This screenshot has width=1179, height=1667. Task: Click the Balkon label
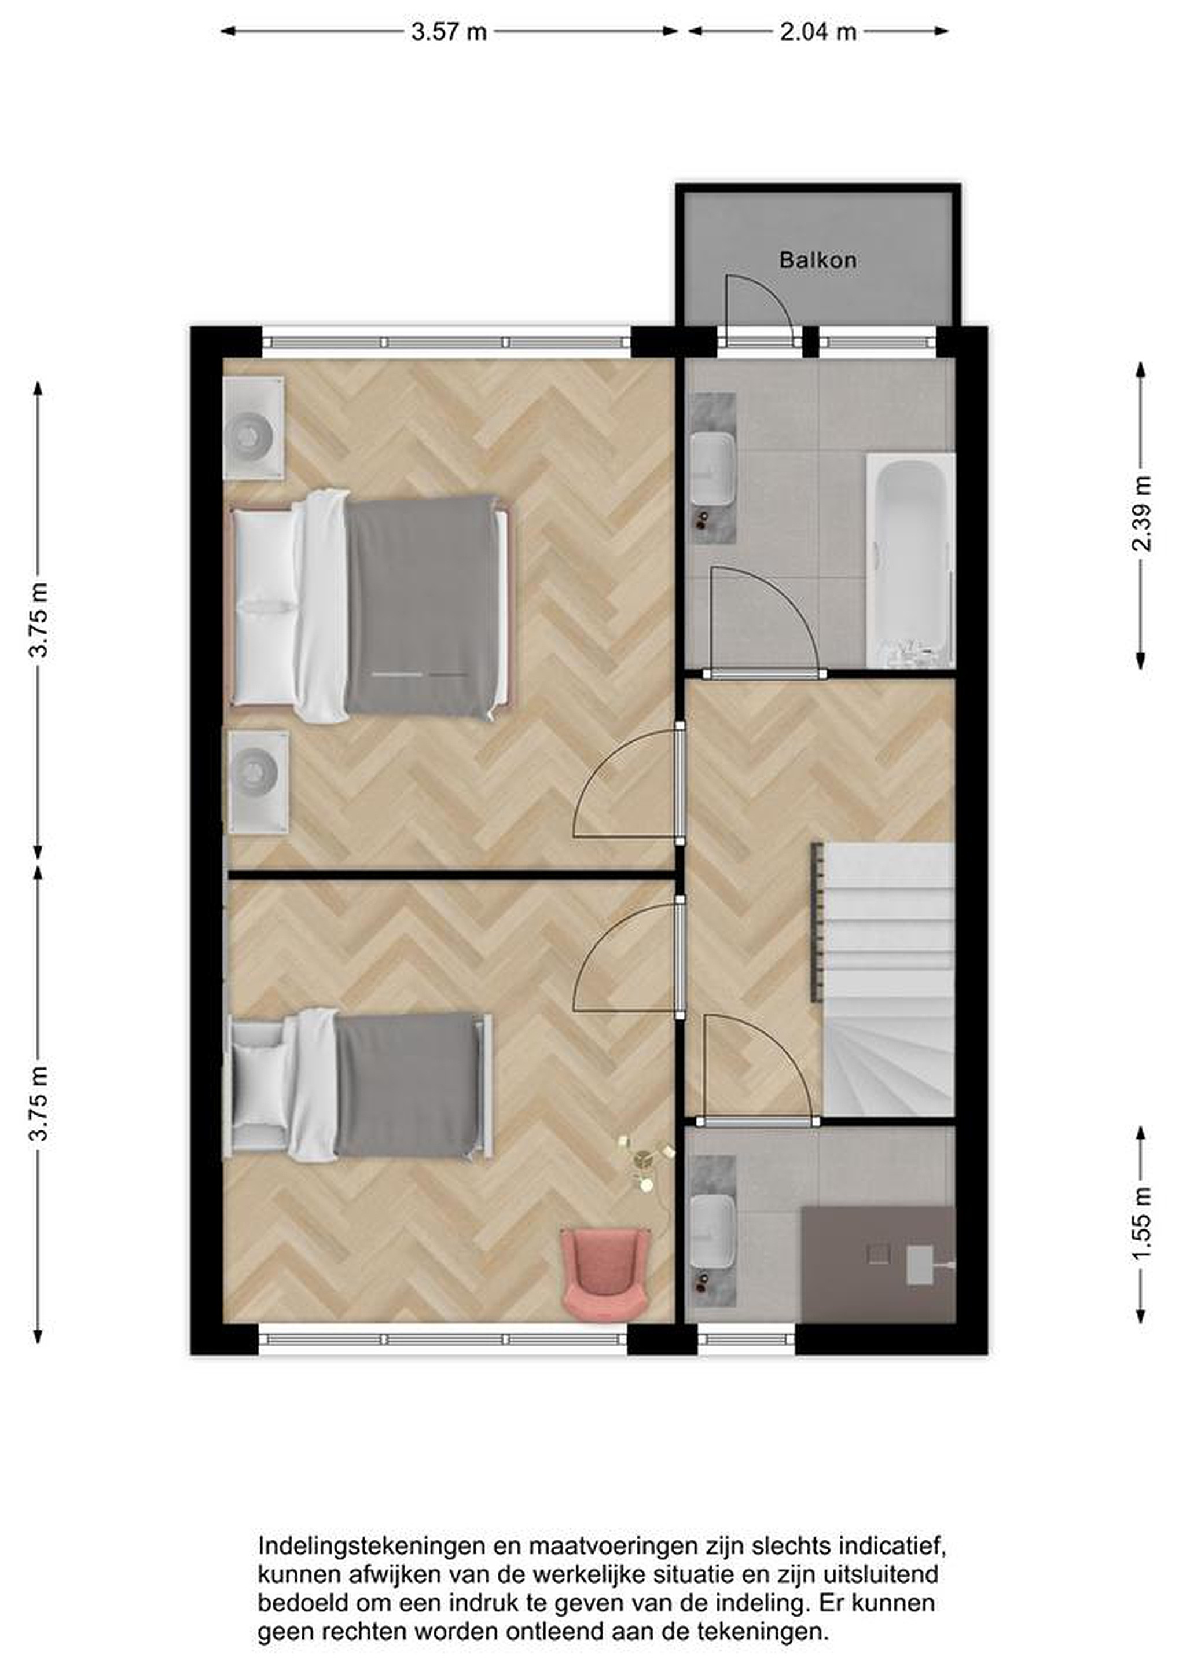point(817,260)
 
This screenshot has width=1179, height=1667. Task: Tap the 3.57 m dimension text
point(449,32)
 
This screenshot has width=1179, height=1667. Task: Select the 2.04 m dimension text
point(818,32)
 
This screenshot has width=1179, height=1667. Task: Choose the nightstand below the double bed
point(259,783)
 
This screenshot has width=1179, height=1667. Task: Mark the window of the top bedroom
point(446,342)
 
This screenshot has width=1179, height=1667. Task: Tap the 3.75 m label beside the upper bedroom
point(38,620)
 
